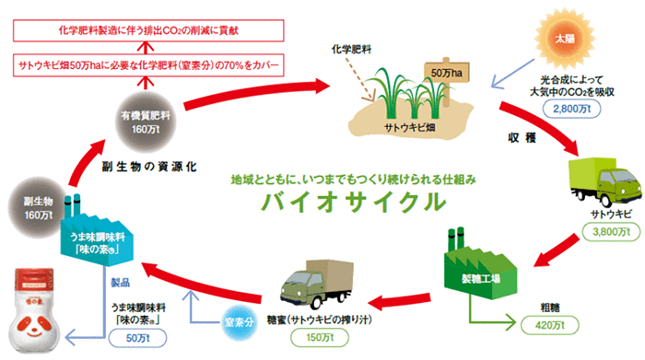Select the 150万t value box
pyautogui.click(x=317, y=338)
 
